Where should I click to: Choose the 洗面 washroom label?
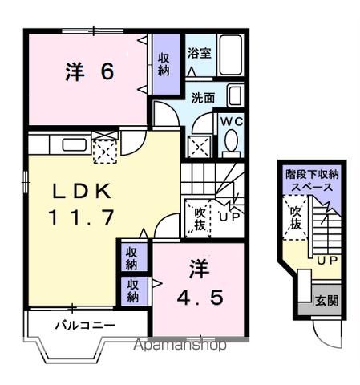(x=202, y=98)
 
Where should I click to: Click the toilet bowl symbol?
(x=232, y=142)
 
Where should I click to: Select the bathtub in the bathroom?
(x=231, y=54)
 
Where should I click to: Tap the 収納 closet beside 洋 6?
(x=164, y=63)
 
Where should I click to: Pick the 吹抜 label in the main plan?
(x=196, y=219)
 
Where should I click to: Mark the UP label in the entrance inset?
(x=325, y=261)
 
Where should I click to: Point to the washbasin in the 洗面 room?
(x=236, y=97)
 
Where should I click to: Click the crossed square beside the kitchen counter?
(x=105, y=149)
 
